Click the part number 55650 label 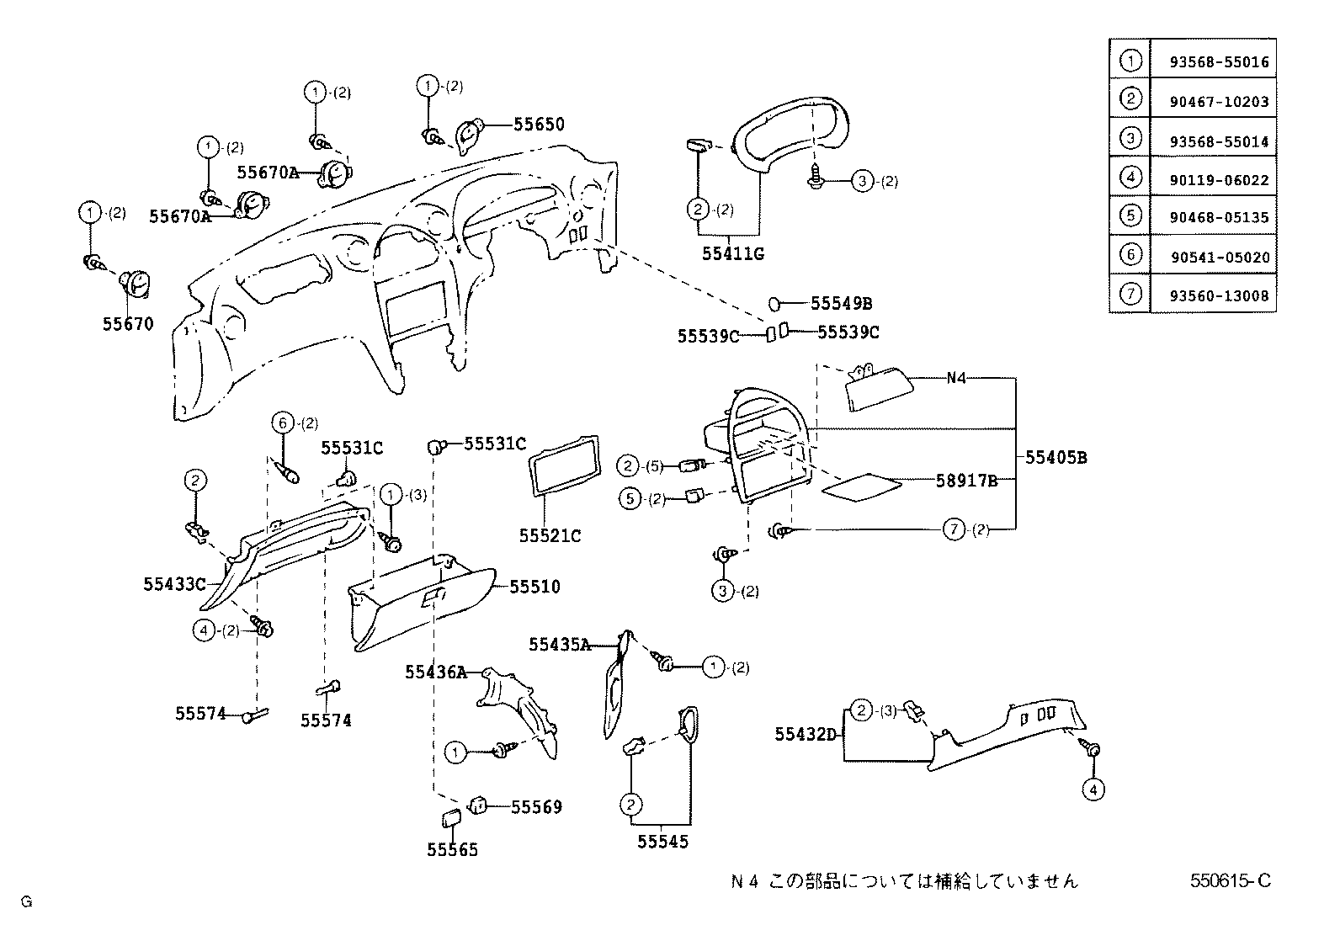click(539, 125)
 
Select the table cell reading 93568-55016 click(1218, 62)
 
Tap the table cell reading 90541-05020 click(1218, 258)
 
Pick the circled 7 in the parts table click(1131, 294)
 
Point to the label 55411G click(732, 253)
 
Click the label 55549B click(841, 303)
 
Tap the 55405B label click(1056, 458)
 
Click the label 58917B click(966, 481)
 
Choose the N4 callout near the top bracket click(956, 378)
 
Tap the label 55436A click(435, 672)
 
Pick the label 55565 click(452, 850)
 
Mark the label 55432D click(806, 735)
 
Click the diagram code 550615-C click(1230, 881)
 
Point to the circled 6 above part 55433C click(283, 423)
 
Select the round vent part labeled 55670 click(135, 285)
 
